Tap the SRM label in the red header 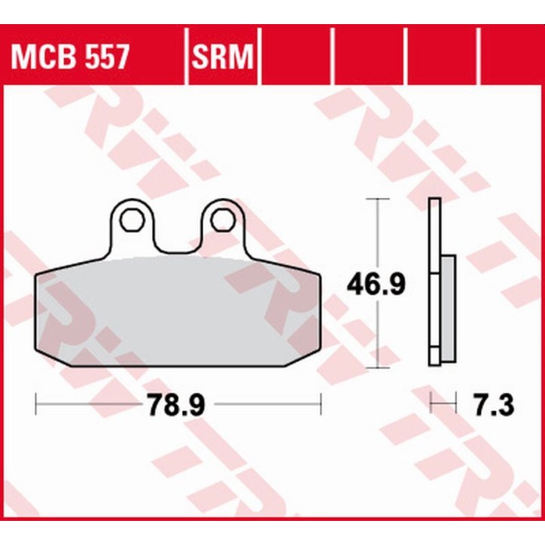pos(221,56)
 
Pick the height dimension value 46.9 pos(376,284)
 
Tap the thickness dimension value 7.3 pos(494,406)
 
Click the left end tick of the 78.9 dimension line pos(36,406)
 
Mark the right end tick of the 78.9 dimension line pos(321,406)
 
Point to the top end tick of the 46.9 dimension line pos(376,199)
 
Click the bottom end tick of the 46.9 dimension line pos(376,367)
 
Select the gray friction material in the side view pos(447,310)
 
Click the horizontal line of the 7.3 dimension pos(444,406)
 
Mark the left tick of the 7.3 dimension pos(431,406)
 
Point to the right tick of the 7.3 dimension pos(456,406)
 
